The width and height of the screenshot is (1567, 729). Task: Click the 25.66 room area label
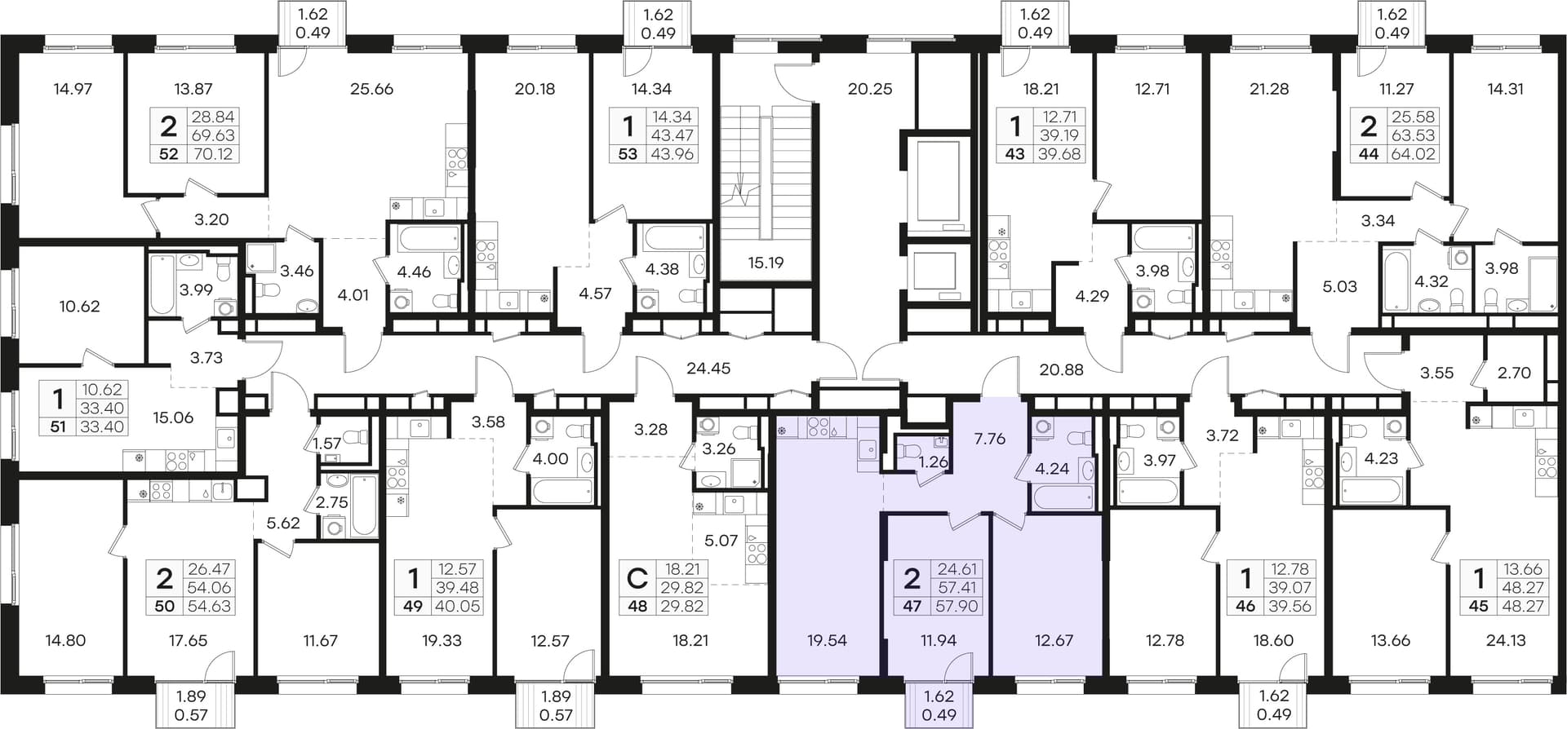371,89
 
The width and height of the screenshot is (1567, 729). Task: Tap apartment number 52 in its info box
168,153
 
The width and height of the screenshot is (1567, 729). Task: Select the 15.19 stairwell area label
766,263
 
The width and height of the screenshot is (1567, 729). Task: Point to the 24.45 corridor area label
708,368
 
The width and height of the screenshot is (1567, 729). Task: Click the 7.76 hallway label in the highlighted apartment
990,438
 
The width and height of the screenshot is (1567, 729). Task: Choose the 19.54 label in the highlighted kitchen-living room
827,640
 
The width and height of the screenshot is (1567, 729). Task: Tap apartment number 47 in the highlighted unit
912,606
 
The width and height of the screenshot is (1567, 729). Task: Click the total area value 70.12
212,153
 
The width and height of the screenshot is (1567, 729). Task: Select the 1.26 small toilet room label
932,462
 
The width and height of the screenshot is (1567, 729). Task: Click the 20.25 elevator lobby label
870,89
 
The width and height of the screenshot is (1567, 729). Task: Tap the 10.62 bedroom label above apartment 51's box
79,307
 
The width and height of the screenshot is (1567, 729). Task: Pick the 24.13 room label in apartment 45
1506,640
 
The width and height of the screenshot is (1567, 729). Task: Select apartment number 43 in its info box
1014,153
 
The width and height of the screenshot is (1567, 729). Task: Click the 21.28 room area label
1269,89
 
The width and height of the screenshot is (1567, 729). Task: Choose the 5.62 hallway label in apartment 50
283,523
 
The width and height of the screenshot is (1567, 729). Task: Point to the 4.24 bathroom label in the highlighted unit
1051,468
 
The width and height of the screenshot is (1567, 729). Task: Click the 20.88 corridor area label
1061,369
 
